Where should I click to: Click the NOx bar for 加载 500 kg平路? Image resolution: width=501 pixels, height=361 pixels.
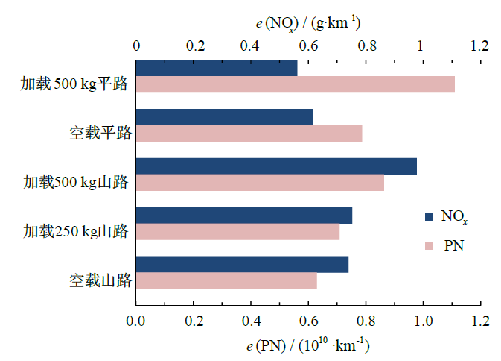tap(216, 68)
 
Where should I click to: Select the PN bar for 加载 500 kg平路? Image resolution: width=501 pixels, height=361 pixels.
tap(295, 84)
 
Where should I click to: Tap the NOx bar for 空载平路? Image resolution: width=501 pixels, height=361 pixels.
tap(224, 117)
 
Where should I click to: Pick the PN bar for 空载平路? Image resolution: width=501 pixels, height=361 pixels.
tap(249, 134)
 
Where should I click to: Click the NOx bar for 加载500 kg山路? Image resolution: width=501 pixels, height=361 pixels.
tap(276, 166)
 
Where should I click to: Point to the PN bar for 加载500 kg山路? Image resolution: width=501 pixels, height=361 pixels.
tap(260, 183)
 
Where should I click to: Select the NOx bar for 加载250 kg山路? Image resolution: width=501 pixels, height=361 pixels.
tap(243, 216)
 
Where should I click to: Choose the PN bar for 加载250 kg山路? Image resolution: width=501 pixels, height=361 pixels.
tap(237, 232)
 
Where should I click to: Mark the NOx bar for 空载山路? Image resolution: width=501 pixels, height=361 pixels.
tap(242, 265)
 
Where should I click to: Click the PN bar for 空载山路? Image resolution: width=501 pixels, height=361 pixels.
tap(226, 281)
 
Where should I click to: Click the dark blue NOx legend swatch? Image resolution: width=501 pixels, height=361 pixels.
tap(429, 217)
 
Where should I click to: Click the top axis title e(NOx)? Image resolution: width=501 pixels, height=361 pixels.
tap(308, 22)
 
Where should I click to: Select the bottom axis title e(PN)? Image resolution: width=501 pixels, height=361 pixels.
tap(308, 346)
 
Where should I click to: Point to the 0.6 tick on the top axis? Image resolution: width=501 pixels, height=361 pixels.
tap(308, 46)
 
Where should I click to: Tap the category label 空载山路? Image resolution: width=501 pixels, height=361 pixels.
tap(100, 281)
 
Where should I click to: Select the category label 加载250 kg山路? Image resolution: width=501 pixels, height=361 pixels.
tap(76, 231)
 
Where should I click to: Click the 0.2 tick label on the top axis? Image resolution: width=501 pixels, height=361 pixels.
tap(194, 46)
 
